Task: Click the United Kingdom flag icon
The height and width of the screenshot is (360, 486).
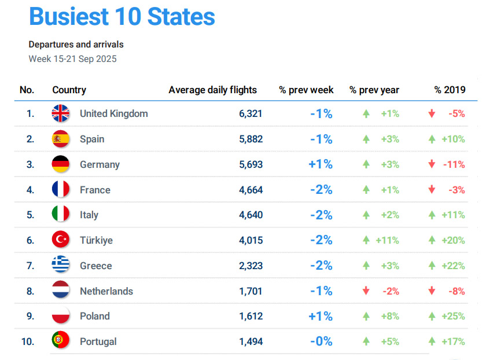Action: point(60,113)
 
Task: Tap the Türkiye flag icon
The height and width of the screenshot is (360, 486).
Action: point(60,240)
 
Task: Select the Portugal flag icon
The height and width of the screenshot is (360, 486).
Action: point(60,341)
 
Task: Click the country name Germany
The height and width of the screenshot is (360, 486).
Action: point(100,164)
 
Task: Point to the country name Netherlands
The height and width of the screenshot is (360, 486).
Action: point(106,291)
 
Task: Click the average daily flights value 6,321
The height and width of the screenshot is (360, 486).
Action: point(251,113)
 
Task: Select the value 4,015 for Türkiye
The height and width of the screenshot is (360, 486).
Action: point(251,240)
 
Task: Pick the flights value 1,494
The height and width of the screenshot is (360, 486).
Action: point(251,341)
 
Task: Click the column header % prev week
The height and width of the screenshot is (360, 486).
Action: point(306,90)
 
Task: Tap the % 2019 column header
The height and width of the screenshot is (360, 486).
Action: point(450,90)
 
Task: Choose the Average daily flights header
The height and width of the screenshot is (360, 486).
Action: point(212,90)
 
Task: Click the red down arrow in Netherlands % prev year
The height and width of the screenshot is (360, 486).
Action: point(366,291)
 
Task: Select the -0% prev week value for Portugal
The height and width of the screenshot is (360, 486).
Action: point(321,341)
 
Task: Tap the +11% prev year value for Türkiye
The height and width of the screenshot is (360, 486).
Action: point(387,240)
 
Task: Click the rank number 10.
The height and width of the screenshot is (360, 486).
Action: point(27,341)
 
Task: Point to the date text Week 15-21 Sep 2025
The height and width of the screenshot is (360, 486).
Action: point(72,59)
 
